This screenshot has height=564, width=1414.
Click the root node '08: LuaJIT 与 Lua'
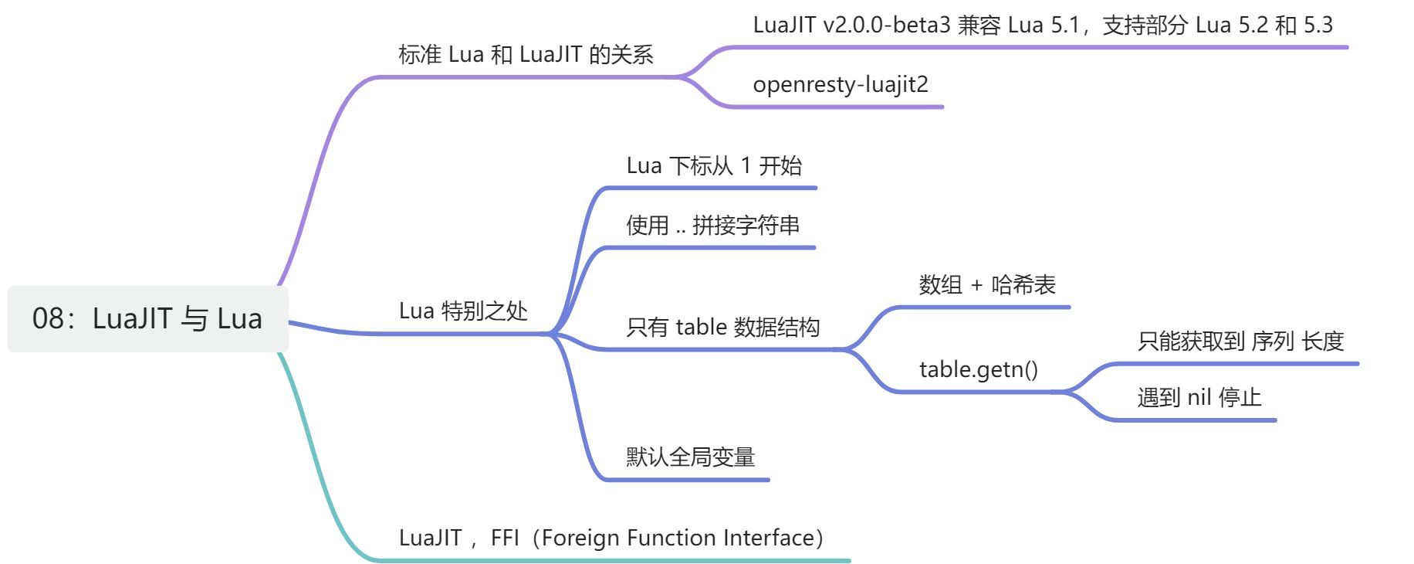point(147,319)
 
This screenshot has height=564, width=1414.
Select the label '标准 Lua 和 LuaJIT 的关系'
point(526,55)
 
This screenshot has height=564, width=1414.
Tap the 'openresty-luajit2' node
point(841,84)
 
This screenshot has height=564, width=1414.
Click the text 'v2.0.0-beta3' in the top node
point(886,25)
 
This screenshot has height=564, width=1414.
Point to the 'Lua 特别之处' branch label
point(463,311)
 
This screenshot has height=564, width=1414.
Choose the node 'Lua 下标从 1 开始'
point(714,166)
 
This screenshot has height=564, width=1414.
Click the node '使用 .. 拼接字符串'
point(713,226)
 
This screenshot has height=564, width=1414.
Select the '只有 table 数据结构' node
point(723,328)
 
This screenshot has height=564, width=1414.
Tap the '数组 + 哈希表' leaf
point(987,285)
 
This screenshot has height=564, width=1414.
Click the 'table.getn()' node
point(979,370)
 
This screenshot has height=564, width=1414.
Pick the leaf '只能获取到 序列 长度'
point(1241,341)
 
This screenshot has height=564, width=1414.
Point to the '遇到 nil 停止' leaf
point(1199,398)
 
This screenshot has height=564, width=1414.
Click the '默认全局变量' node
point(691,457)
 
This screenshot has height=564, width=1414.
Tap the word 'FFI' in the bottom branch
point(505,538)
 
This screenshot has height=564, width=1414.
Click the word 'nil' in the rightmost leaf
point(1199,398)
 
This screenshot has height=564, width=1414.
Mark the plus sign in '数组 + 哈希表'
point(976,286)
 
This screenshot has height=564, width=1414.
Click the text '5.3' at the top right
point(1318,25)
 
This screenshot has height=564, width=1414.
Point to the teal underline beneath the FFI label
point(610,560)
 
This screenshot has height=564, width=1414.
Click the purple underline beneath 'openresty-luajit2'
point(834,107)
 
